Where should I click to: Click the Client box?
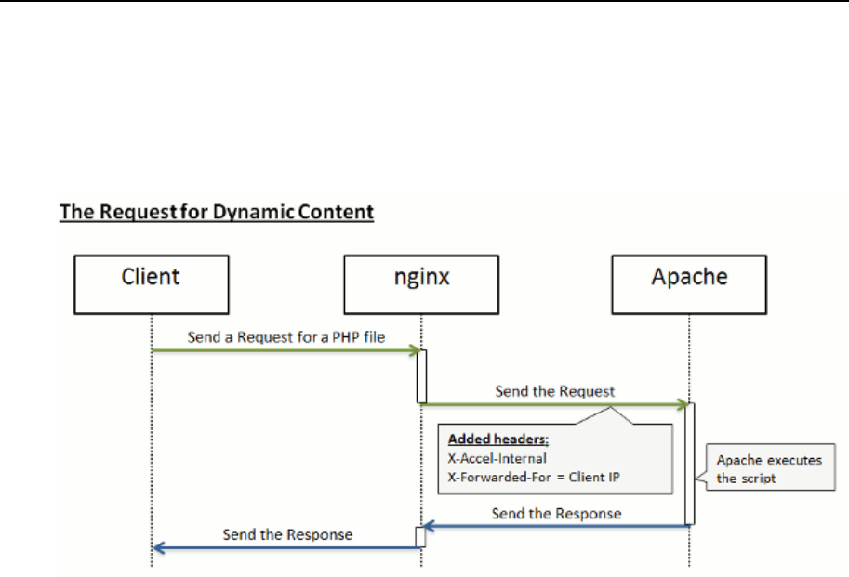pyautogui.click(x=152, y=284)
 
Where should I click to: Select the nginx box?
pyautogui.click(x=421, y=284)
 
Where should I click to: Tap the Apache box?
pyautogui.click(x=689, y=284)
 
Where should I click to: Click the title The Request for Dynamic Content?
pyautogui.click(x=217, y=212)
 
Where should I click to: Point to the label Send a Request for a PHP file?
pyautogui.click(x=285, y=337)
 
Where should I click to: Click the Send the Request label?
pyautogui.click(x=555, y=391)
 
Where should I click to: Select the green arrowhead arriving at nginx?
pyautogui.click(x=416, y=350)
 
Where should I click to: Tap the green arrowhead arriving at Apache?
pyautogui.click(x=683, y=404)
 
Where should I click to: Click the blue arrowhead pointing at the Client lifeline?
pyautogui.click(x=159, y=548)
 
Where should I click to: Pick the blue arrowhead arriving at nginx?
pyautogui.click(x=429, y=525)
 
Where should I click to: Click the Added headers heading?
pyautogui.click(x=498, y=439)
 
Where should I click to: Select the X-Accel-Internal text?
pyautogui.click(x=497, y=459)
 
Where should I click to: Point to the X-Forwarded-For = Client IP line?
pyautogui.click(x=534, y=477)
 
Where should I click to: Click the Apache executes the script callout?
pyautogui.click(x=770, y=467)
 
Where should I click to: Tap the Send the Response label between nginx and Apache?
pyautogui.click(x=557, y=513)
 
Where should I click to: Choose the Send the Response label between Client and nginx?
pyautogui.click(x=287, y=534)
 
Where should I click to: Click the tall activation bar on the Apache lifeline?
pyautogui.click(x=690, y=464)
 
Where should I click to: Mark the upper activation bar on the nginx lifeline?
pyautogui.click(x=422, y=376)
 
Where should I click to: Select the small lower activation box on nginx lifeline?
pyautogui.click(x=420, y=537)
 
